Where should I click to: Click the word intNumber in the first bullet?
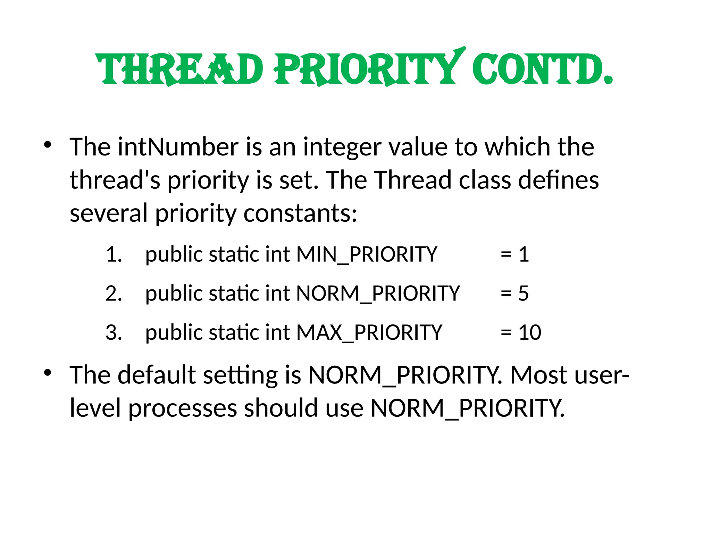point(178,147)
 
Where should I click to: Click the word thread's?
point(115,180)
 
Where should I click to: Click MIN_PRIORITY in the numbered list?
point(367,254)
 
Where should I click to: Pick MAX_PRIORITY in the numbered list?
point(369,332)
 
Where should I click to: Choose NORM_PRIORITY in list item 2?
point(378,293)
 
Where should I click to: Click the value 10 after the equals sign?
point(530,332)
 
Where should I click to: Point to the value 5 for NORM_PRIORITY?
point(524,293)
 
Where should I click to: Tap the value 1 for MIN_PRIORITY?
point(524,254)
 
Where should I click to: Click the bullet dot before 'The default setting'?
point(48,373)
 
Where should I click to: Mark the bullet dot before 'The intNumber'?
point(48,144)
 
